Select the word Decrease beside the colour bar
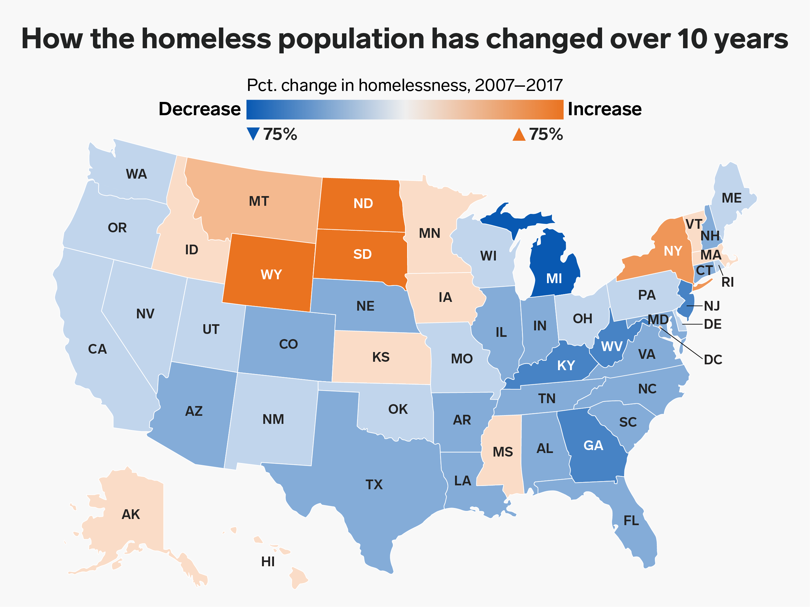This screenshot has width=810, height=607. pos(200,109)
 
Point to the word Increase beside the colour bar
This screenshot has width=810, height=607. pos(605,109)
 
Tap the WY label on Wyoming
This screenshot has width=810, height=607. pos(271,274)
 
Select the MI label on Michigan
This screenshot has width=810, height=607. pos(554,279)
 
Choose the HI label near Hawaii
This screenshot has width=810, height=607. pos(268,562)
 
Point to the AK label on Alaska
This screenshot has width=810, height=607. pos(131,514)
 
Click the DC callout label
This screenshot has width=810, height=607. pos(713,360)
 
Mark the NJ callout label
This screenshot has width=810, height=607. pos(712,306)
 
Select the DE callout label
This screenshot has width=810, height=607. pos(713,324)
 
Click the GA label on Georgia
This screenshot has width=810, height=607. pos(593,445)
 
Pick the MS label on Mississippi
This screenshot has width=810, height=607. pos(503,452)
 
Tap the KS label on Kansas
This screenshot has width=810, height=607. pos(381,357)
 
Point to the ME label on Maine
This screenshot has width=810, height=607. pos(732,198)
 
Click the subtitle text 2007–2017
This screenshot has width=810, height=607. pos(519,85)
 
